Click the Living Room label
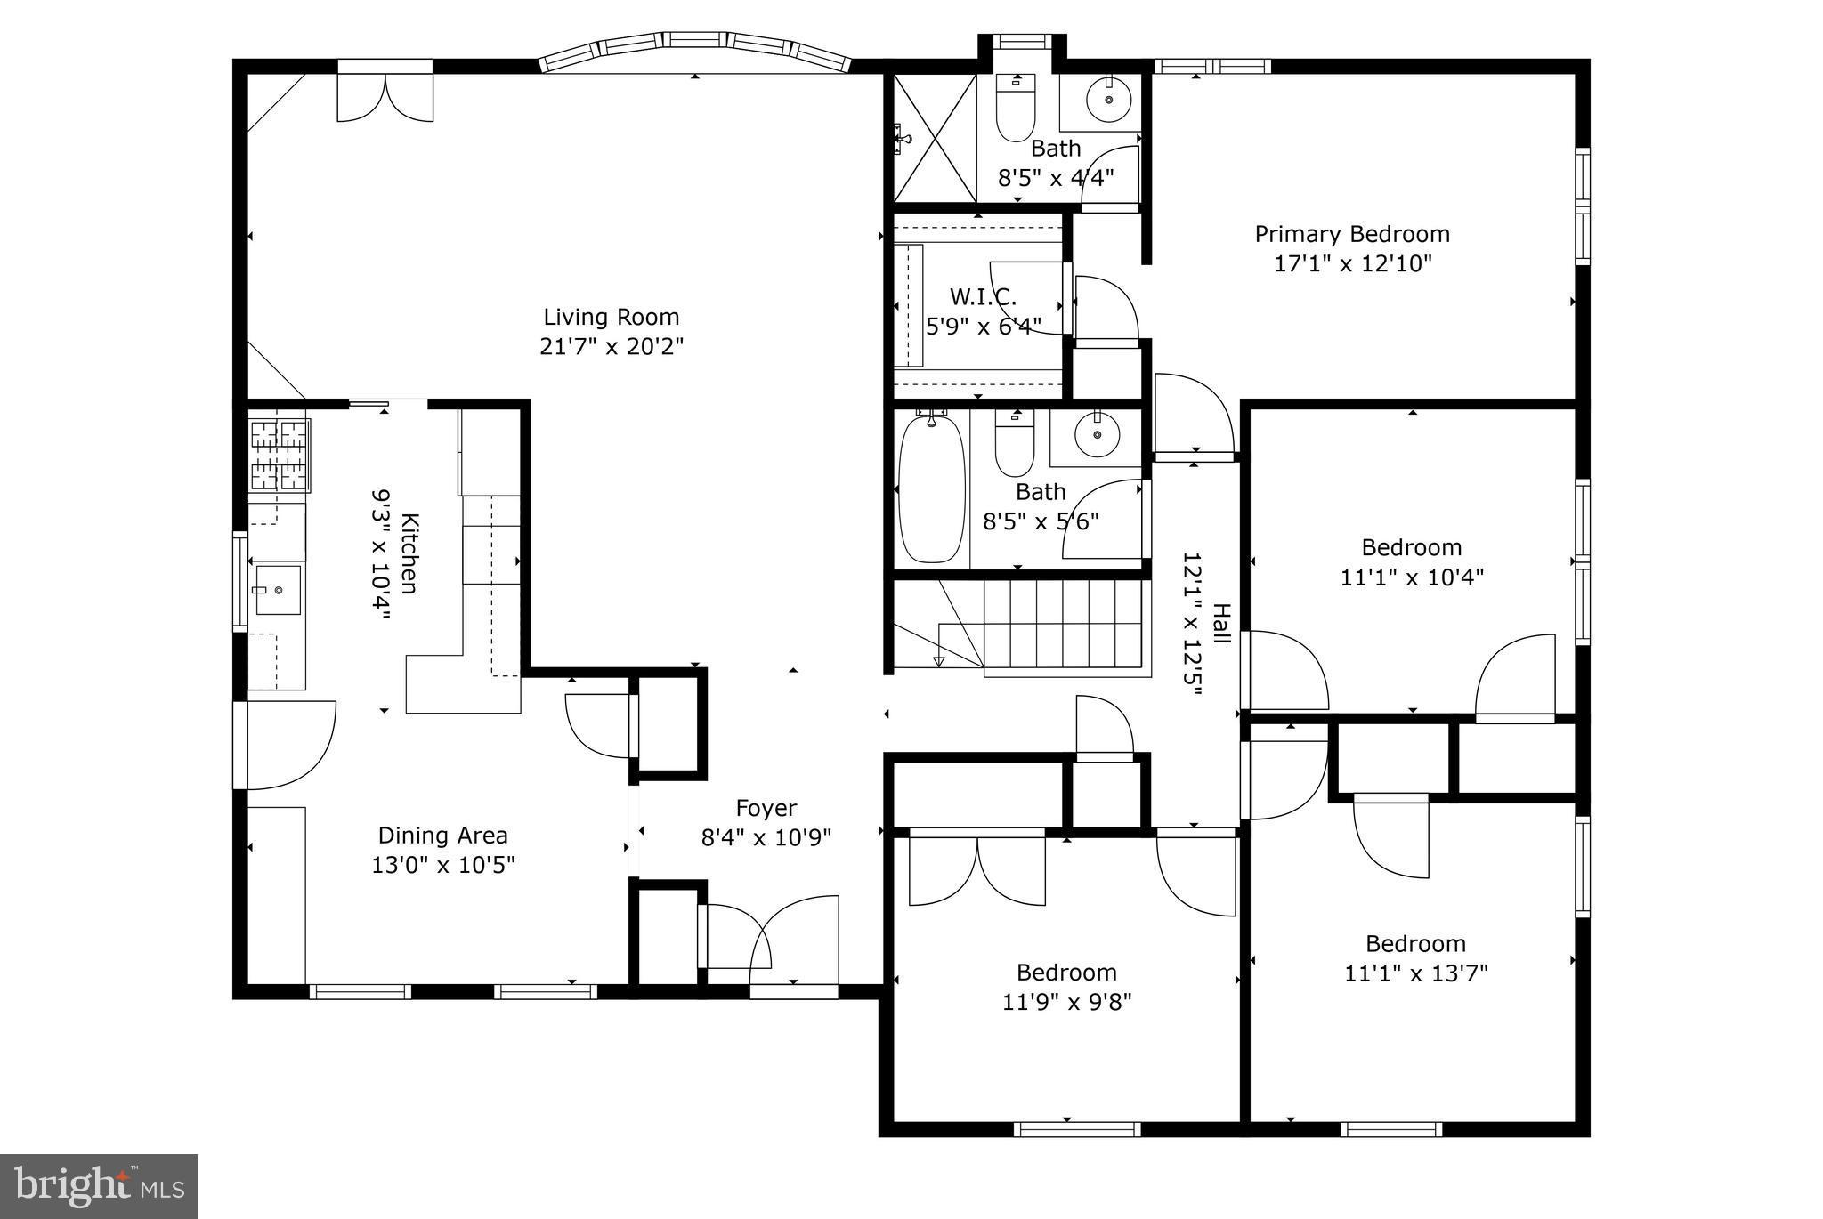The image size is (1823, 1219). [x=611, y=317]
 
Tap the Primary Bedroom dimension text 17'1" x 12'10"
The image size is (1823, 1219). [x=1352, y=263]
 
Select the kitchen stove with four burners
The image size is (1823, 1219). [x=280, y=456]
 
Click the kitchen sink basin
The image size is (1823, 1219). [x=278, y=590]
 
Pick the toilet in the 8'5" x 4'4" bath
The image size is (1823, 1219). [x=1016, y=109]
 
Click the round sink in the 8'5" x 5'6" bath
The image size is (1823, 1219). [x=1097, y=434]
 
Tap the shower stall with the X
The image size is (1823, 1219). [x=935, y=138]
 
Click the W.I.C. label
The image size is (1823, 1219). [x=983, y=296]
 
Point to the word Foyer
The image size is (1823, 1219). [x=766, y=808]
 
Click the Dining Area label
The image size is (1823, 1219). [x=442, y=836]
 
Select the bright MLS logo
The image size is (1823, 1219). [x=99, y=1186]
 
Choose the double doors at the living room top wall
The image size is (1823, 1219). [x=385, y=93]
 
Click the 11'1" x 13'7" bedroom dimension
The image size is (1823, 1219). [x=1415, y=973]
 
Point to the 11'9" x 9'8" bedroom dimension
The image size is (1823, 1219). [x=1066, y=1003]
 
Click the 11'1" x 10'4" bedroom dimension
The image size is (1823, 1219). [x=1412, y=577]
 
